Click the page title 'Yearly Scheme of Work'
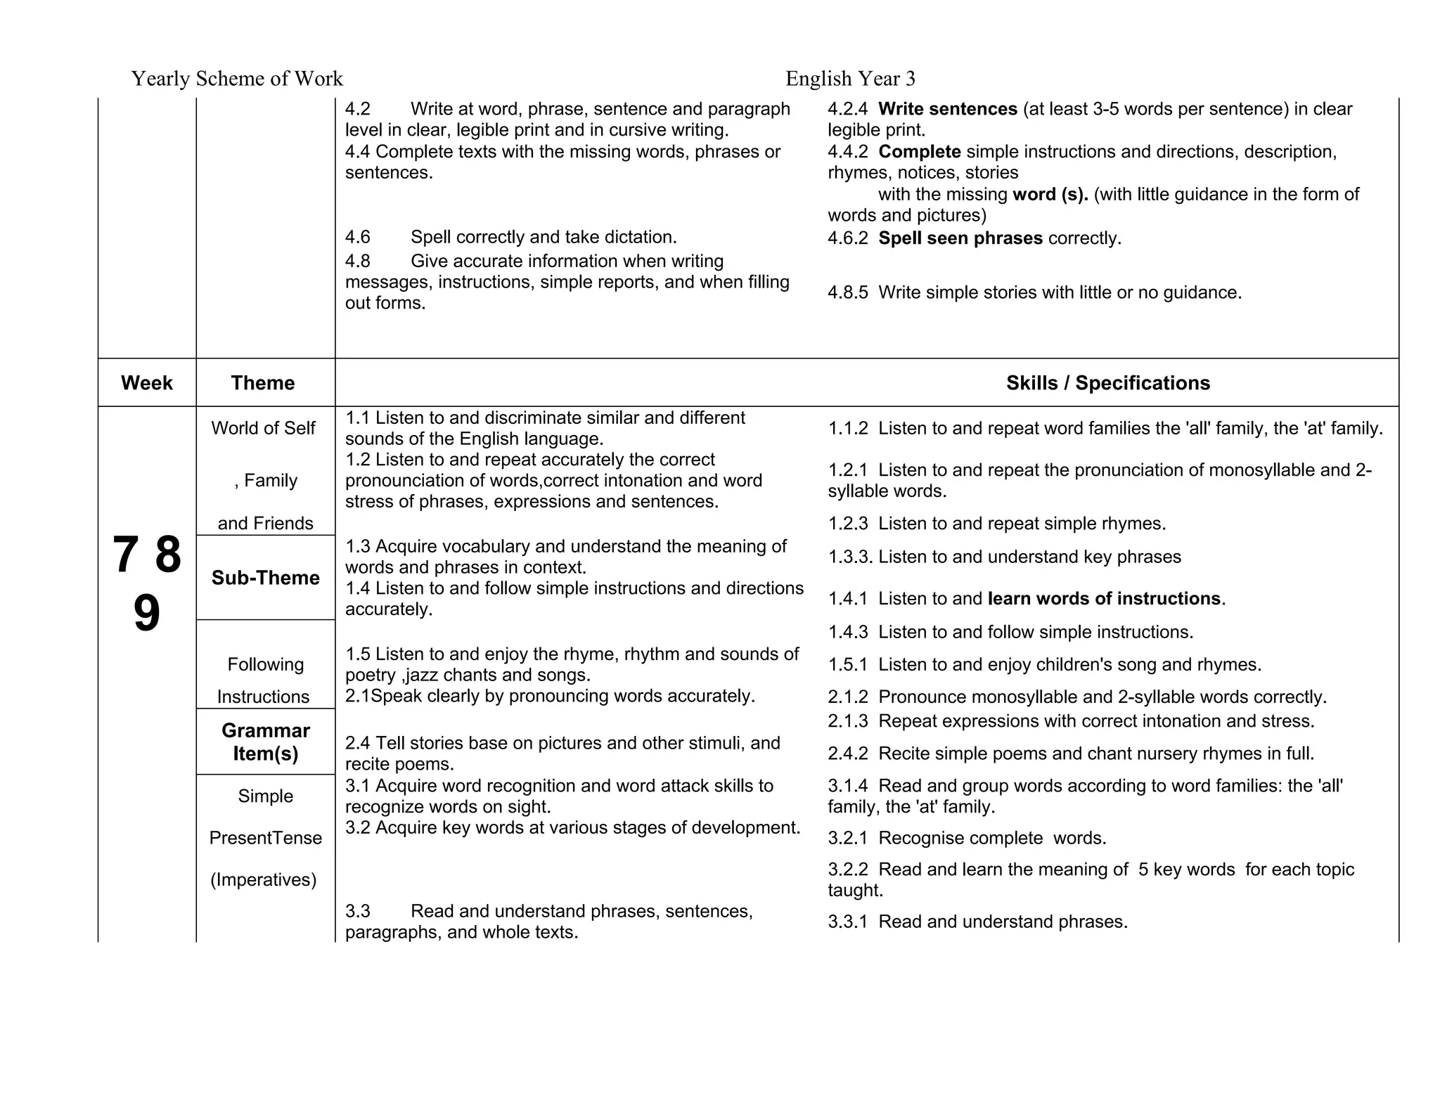(x=237, y=78)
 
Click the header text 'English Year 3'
(x=850, y=78)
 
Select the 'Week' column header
(x=146, y=382)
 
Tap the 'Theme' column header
(x=263, y=382)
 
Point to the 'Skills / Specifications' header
(x=1107, y=382)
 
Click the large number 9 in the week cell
(x=146, y=614)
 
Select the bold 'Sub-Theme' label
(x=265, y=578)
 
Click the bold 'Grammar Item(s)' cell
(x=265, y=742)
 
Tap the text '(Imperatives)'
(x=264, y=879)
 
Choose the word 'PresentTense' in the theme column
(x=265, y=838)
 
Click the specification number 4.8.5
(x=848, y=292)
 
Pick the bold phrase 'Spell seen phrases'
(x=960, y=238)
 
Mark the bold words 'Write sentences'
(x=948, y=109)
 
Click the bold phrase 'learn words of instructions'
(x=1104, y=598)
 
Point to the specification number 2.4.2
(x=848, y=754)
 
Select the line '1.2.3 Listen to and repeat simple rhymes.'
(x=997, y=524)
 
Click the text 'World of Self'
(x=263, y=428)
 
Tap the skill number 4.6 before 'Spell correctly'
(x=357, y=238)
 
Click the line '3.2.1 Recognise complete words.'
(x=967, y=838)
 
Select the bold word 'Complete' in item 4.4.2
(x=920, y=152)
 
